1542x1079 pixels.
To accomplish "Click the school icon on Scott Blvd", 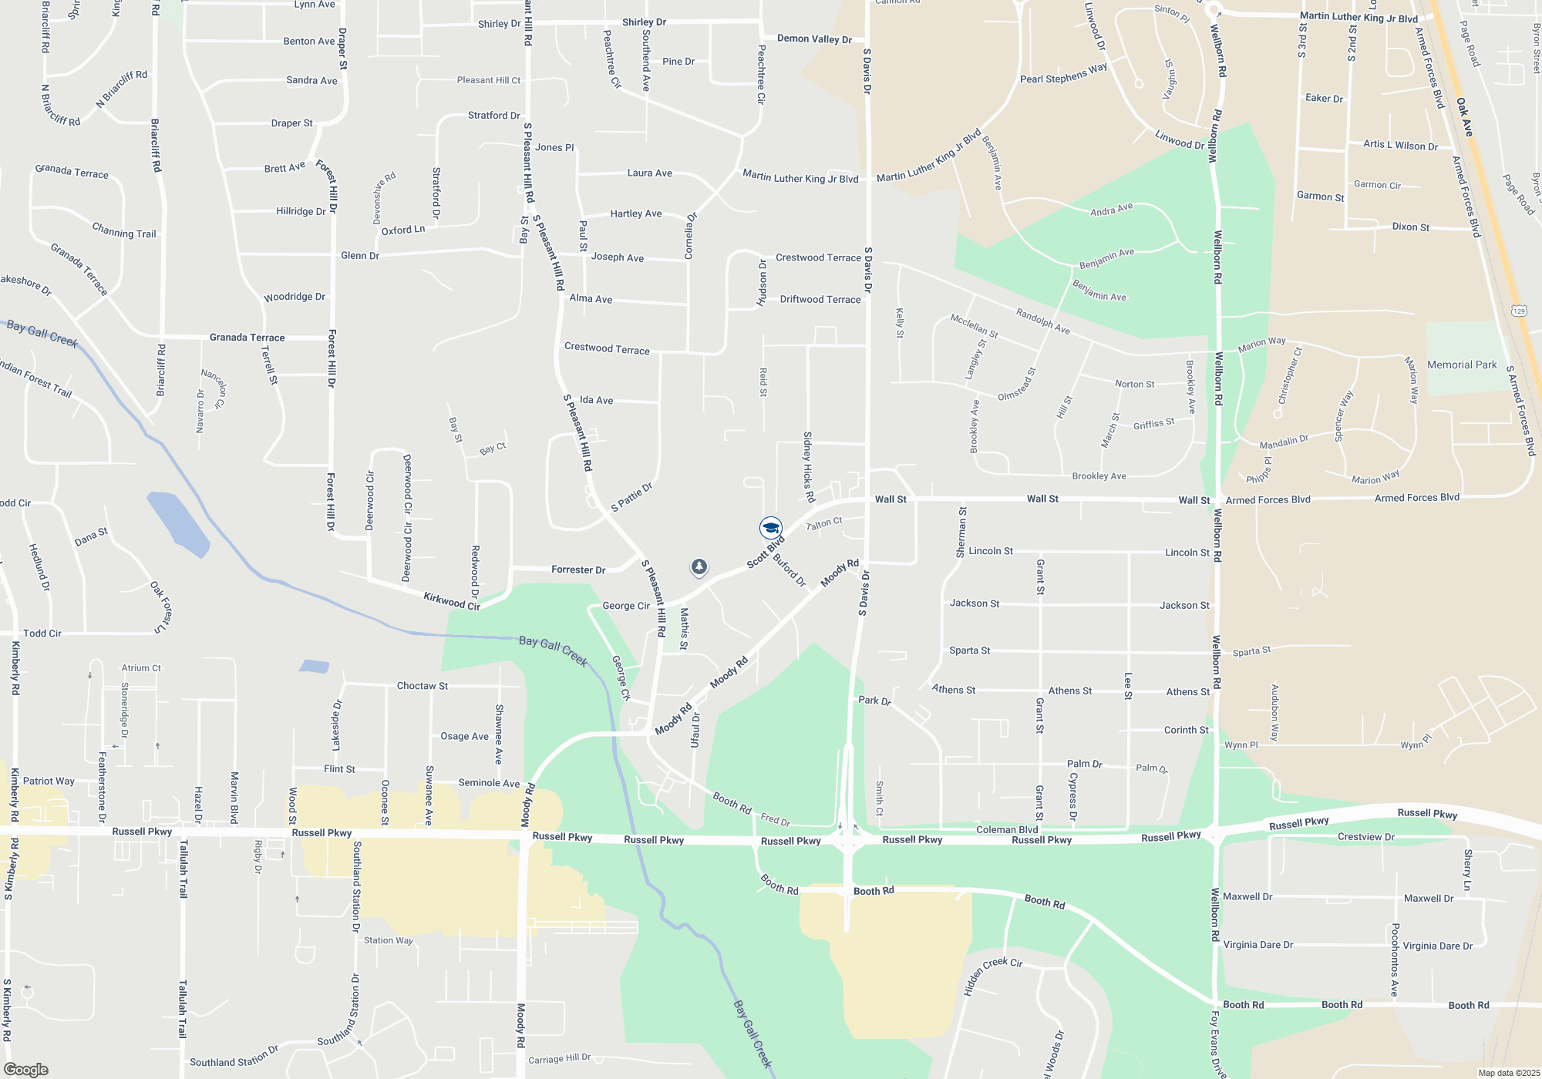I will coord(770,528).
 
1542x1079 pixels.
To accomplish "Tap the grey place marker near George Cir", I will coord(699,568).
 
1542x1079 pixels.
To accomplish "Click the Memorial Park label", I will coord(1461,365).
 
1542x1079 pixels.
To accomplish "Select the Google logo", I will coord(25,1070).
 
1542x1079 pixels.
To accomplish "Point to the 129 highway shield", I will coord(1519,311).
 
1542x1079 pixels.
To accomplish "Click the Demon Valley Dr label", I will coord(814,39).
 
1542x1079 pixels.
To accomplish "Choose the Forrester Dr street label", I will coord(578,570).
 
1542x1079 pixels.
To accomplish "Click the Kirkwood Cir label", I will coord(452,601).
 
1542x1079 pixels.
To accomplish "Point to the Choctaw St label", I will coord(422,686).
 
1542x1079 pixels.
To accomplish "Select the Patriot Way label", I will coord(49,781).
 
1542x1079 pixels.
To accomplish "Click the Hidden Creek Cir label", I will coord(992,974).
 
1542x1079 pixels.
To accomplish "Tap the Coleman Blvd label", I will coord(1007,829).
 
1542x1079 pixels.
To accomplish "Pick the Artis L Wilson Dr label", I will coord(1400,145).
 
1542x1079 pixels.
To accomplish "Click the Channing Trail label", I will coord(124,230).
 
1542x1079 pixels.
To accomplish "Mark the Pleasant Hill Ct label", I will coord(488,80).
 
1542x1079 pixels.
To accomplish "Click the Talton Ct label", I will coord(824,524).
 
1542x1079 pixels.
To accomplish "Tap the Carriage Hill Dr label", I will coord(559,1059).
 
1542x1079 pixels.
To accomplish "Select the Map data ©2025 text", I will coord(1508,1073).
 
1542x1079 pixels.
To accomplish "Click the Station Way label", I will coord(389,940).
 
